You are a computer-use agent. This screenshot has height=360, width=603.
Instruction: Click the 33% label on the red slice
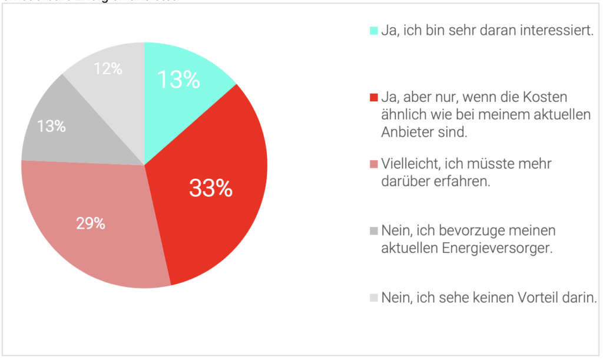pyautogui.click(x=211, y=189)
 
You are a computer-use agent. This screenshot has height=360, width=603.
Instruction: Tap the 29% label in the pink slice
pyautogui.click(x=91, y=224)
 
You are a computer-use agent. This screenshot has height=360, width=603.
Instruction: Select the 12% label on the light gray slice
pyautogui.click(x=108, y=69)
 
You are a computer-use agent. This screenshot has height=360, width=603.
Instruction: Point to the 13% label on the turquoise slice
pyautogui.click(x=178, y=80)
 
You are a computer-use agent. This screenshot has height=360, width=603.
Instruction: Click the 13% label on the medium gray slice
pyautogui.click(x=51, y=126)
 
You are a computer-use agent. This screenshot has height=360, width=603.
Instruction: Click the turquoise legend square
pyautogui.click(x=373, y=30)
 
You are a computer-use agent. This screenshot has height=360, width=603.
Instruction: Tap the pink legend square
pyautogui.click(x=373, y=164)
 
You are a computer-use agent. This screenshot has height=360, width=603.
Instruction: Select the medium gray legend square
pyautogui.click(x=373, y=230)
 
